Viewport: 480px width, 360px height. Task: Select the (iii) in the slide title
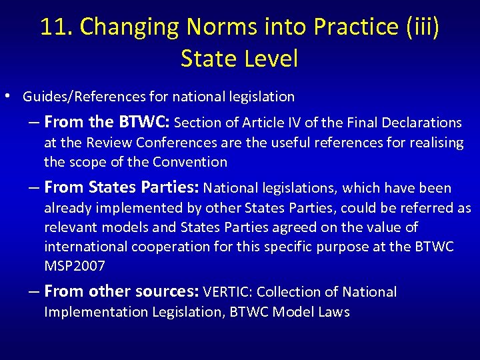point(418,27)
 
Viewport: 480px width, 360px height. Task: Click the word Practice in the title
point(349,27)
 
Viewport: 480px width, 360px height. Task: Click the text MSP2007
point(75,266)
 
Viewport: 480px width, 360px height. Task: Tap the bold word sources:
point(165,291)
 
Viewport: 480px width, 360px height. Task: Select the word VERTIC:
point(227,292)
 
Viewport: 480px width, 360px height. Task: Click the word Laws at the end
point(333,311)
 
